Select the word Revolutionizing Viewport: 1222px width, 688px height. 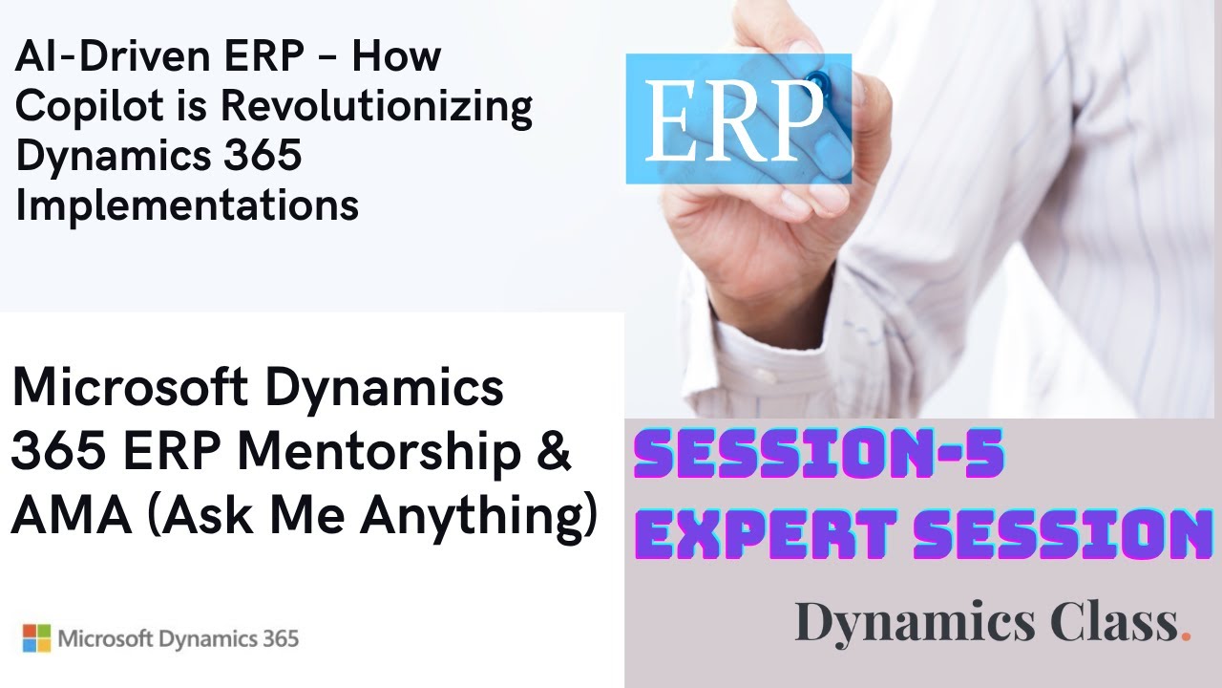(376, 107)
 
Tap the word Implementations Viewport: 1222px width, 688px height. (187, 204)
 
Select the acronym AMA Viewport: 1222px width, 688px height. (59, 517)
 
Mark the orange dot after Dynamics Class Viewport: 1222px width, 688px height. (1186, 635)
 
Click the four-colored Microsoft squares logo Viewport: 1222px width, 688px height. (36, 638)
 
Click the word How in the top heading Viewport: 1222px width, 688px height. (395, 58)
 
